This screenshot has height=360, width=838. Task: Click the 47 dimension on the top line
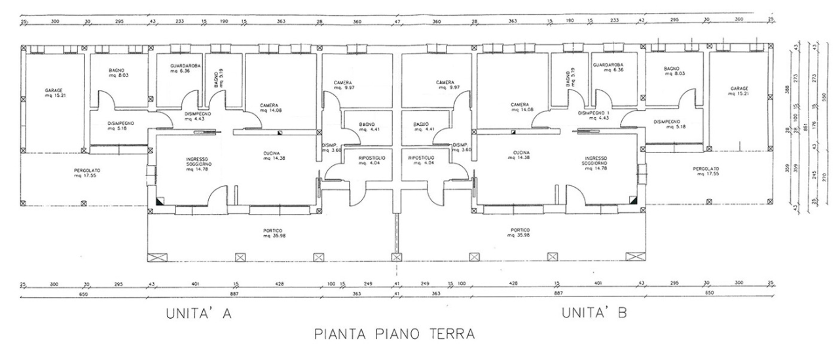click(397, 22)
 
